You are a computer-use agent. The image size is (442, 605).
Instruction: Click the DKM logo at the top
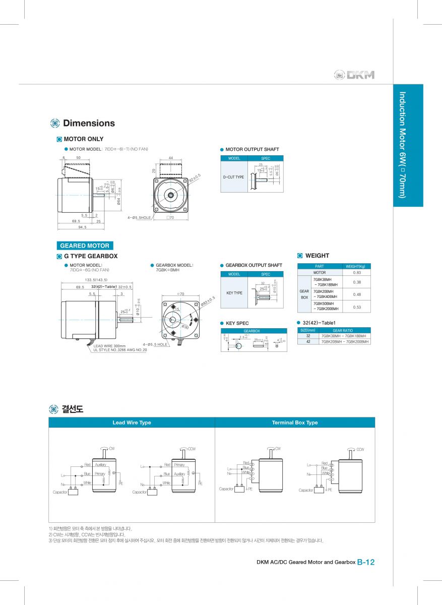[x=354, y=75]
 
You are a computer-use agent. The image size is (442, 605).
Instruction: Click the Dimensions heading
[x=89, y=124]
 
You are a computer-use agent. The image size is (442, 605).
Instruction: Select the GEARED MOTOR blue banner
[x=85, y=246]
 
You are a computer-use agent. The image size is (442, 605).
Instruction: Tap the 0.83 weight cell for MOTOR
[x=357, y=272]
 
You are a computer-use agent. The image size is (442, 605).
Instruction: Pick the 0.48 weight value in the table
[x=357, y=294]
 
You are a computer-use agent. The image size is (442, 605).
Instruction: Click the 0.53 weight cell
[x=357, y=307]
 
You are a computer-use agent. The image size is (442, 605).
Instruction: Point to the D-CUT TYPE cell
[x=233, y=177]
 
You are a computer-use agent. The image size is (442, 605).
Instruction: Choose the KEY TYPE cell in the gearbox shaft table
[x=234, y=293]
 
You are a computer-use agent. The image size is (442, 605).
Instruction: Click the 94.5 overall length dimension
[x=82, y=227]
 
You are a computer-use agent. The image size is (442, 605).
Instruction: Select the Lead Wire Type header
[x=132, y=422]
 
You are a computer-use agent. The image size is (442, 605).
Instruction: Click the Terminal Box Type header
[x=295, y=422]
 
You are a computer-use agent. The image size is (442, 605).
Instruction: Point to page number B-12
[x=366, y=562]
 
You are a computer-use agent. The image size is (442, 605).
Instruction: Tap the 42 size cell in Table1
[x=308, y=341]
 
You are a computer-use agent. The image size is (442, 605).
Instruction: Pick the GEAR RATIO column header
[x=343, y=330]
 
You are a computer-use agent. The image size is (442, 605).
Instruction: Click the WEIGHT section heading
[x=317, y=256]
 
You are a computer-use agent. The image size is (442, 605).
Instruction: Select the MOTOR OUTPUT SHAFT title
[x=252, y=149]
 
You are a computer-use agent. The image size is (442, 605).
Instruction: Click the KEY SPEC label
[x=237, y=323]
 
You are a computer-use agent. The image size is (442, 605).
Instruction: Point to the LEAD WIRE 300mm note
[x=109, y=346]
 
